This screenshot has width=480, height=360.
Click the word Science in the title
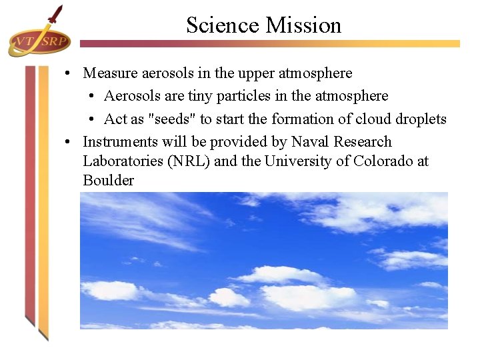tap(223, 25)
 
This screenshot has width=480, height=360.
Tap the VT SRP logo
tap(39, 41)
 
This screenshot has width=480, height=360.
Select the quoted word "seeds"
tap(172, 119)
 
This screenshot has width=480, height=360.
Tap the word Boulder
tap(108, 181)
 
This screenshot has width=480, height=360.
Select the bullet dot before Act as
tap(90, 119)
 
